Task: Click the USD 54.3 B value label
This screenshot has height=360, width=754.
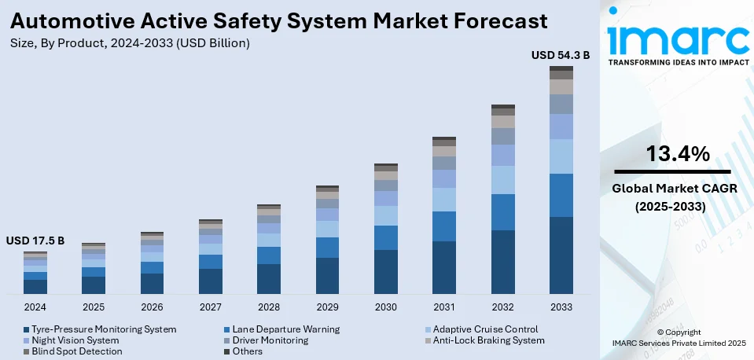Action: tap(561, 55)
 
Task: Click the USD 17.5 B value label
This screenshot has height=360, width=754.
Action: tap(35, 240)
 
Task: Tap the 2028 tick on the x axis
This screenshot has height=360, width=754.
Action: tap(269, 306)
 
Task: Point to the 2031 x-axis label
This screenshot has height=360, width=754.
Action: tap(444, 306)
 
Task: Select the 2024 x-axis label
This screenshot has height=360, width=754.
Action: tap(35, 306)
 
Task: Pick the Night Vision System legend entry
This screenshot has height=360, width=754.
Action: tap(75, 340)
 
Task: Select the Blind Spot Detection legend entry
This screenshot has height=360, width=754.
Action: tap(76, 351)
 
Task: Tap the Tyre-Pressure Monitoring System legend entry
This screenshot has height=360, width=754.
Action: tap(103, 329)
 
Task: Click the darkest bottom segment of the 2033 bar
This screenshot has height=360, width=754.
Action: tap(561, 255)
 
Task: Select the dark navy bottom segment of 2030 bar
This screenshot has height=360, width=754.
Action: tap(386, 272)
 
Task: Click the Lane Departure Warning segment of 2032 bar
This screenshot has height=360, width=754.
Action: tap(502, 212)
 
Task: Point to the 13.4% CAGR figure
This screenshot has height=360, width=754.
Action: tap(678, 153)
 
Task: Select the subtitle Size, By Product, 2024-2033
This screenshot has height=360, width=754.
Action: tap(130, 43)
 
